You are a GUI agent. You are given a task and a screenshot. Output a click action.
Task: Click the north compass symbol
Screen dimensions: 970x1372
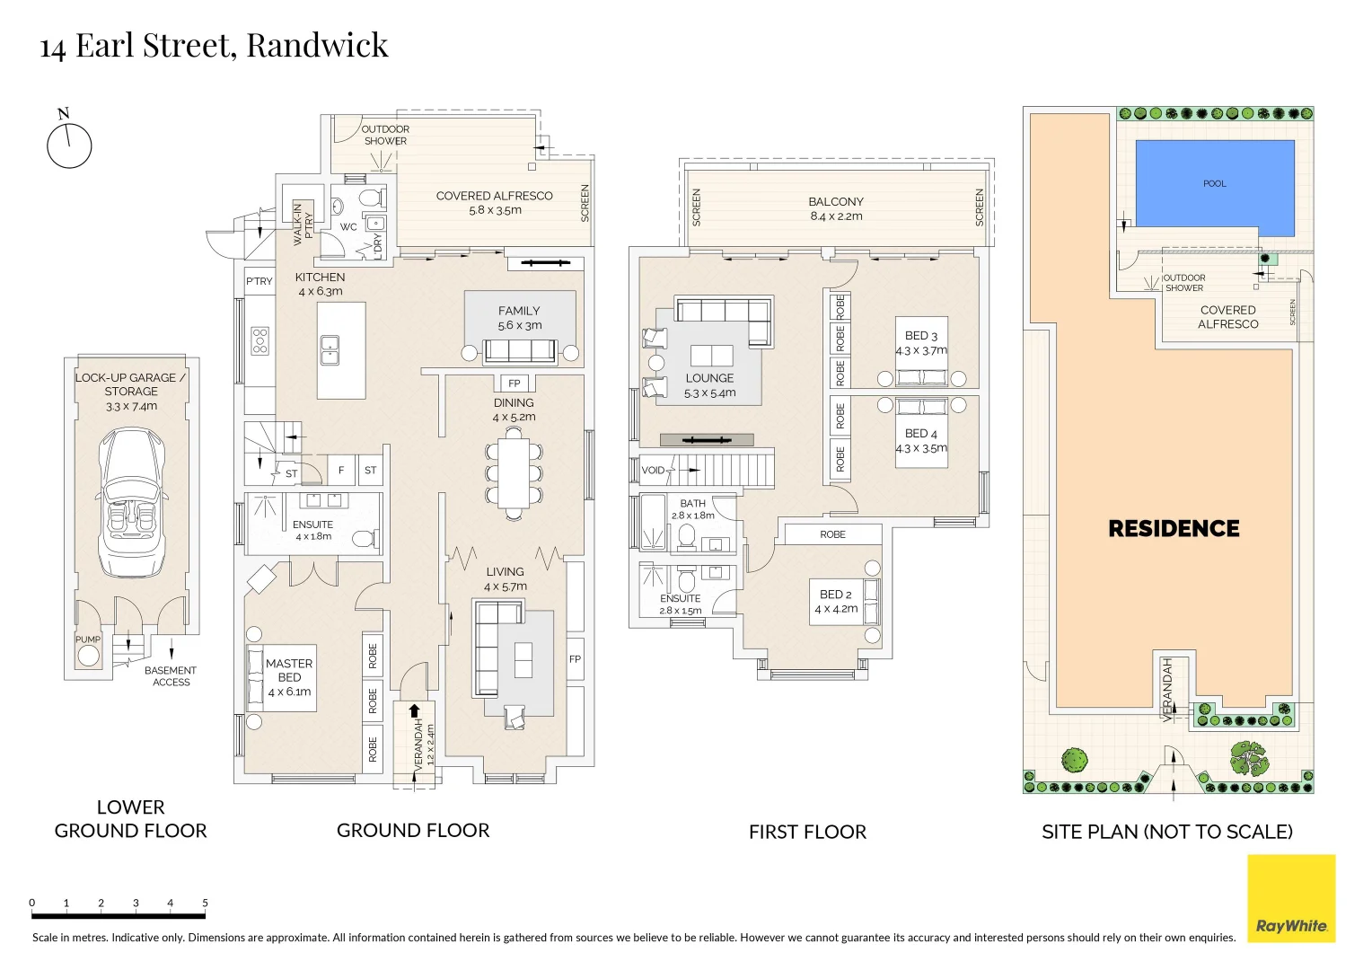[x=69, y=145]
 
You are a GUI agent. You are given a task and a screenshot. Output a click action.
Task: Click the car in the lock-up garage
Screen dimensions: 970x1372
[x=131, y=503]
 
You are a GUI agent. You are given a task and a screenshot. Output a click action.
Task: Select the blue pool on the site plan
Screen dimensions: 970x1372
[x=1215, y=187]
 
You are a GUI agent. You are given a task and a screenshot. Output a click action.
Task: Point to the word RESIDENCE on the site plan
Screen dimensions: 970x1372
[x=1174, y=529]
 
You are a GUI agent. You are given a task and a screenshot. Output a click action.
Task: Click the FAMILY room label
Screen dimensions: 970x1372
[x=519, y=312]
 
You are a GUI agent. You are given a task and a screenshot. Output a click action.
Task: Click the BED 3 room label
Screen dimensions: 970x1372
[x=921, y=335]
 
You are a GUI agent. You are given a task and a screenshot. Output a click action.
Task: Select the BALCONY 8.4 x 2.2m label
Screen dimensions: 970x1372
[x=836, y=208]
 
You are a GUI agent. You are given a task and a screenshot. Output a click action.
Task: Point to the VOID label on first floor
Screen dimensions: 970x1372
[x=654, y=470]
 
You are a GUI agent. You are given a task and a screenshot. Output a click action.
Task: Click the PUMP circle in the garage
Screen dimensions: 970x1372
[x=88, y=655]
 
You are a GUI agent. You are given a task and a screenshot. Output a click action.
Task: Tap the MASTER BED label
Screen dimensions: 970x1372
[x=289, y=670]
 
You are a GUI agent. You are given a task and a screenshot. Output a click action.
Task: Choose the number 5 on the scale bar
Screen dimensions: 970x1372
[x=205, y=903]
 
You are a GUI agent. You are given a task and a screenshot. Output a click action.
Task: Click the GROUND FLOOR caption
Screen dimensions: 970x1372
[x=413, y=831]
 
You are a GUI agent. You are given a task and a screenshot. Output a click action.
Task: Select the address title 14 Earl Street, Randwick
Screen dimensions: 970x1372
[x=214, y=46]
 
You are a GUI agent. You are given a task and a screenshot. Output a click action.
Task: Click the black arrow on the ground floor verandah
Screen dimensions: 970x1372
[x=415, y=711]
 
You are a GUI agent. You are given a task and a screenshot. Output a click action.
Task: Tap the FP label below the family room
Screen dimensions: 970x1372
[x=514, y=384]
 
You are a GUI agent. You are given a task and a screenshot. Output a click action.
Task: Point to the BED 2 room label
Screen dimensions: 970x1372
[x=836, y=595]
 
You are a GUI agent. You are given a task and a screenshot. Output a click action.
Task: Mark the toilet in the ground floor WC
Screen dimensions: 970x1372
[x=368, y=198]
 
